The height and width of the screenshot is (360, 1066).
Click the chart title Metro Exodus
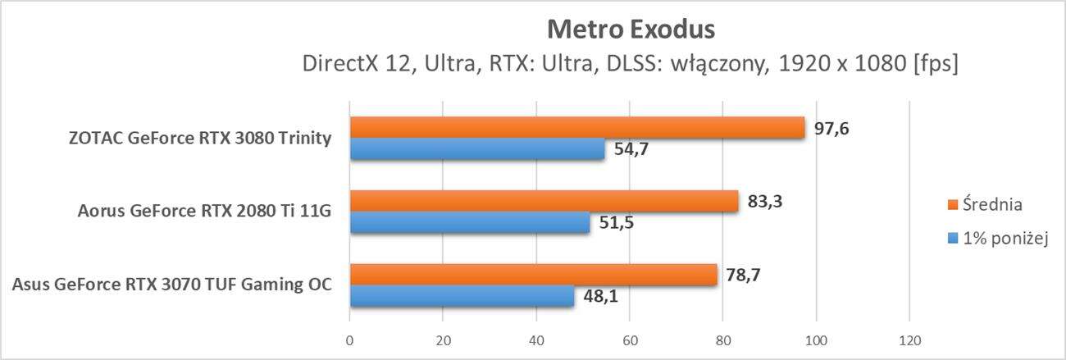coord(631,30)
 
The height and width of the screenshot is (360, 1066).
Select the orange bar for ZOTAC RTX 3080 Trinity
coord(577,127)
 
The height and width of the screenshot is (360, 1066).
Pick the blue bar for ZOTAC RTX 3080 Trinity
coord(477,148)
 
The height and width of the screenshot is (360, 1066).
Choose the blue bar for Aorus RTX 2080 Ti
coord(470,222)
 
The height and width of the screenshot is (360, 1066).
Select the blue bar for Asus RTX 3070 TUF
coord(462,296)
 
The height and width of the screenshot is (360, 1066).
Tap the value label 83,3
coord(764,201)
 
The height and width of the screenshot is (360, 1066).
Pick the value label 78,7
coord(743,275)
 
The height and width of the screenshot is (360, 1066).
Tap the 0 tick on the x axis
coord(350,340)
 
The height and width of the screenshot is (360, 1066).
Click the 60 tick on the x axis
coord(630,340)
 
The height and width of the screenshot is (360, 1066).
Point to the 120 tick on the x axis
coord(909,340)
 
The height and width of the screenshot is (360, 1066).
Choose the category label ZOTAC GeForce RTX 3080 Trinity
coord(201,138)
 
